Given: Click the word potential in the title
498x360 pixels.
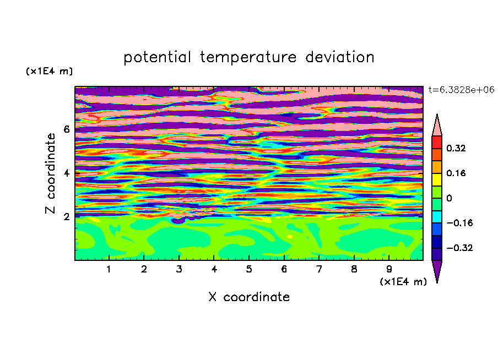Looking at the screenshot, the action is [x=158, y=58].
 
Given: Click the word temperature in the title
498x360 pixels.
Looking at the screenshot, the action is [x=248, y=58].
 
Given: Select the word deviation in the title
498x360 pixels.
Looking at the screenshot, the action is [x=340, y=57].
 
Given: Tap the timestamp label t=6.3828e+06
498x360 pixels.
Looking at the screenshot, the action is [x=461, y=90].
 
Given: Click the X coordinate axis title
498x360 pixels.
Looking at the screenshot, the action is [x=249, y=297].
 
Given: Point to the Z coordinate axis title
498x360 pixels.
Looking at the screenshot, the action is [x=50, y=173].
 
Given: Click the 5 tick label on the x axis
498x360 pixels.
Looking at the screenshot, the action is [x=249, y=269].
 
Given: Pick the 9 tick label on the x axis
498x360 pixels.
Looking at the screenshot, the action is [x=389, y=269].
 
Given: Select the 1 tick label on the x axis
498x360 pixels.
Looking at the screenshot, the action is [x=109, y=269].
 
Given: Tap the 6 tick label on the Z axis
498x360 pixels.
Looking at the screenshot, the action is [x=67, y=129].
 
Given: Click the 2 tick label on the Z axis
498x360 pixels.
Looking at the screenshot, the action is [x=67, y=217].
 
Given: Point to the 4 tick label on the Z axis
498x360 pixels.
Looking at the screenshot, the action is [x=67, y=173].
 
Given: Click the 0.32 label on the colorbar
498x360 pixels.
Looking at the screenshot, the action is [x=456, y=148].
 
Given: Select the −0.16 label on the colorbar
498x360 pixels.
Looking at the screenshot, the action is [x=459, y=223].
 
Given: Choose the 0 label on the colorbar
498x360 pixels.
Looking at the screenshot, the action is [x=449, y=198].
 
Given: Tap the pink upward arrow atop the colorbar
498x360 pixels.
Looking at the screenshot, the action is [x=437, y=125].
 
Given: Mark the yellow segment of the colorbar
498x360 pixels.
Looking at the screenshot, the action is [x=437, y=179].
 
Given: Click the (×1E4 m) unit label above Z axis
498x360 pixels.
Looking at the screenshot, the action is [x=49, y=71].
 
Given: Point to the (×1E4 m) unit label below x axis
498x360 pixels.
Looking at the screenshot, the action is [x=403, y=282].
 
